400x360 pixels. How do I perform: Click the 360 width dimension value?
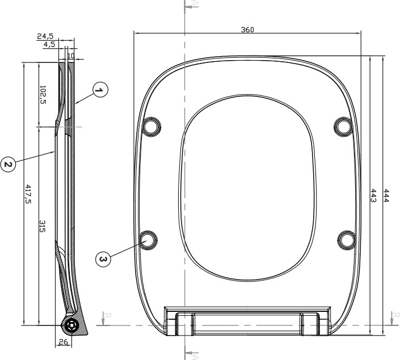(x=247, y=29)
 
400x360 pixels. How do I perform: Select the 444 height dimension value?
(x=386, y=195)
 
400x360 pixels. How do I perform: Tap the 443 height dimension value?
(x=373, y=195)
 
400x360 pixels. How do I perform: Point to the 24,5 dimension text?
(x=45, y=36)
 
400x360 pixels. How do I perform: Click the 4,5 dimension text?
(x=49, y=44)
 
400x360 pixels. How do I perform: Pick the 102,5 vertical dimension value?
(x=43, y=95)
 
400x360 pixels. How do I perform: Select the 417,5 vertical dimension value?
(x=28, y=194)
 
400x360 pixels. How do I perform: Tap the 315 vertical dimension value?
(x=42, y=226)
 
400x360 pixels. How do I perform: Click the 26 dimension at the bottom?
(x=64, y=341)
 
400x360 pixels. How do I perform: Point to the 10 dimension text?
(x=71, y=56)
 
